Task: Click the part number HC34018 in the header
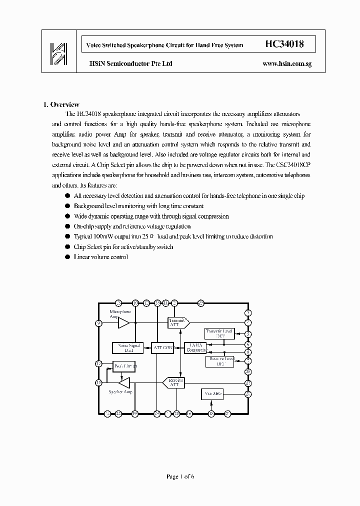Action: [283, 44]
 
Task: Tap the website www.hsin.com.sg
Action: [286, 64]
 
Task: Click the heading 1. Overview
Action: [61, 104]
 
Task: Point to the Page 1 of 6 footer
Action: [180, 476]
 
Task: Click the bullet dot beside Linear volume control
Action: [68, 257]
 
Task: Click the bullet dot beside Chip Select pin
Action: [68, 247]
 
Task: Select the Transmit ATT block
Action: [177, 322]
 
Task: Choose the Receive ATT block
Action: [174, 382]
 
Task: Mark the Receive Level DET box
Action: [219, 361]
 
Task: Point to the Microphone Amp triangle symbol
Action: [123, 323]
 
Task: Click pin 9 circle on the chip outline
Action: [99, 323]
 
